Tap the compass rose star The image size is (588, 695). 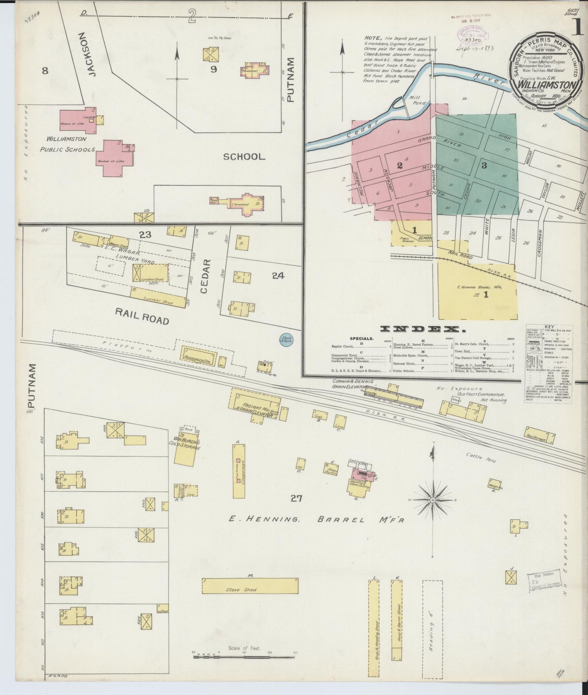[x=434, y=499]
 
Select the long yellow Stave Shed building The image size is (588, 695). [x=250, y=586]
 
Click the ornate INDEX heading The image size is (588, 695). [x=420, y=329]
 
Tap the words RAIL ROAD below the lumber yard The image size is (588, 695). [x=142, y=316]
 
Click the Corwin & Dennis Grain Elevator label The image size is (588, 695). [x=351, y=384]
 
